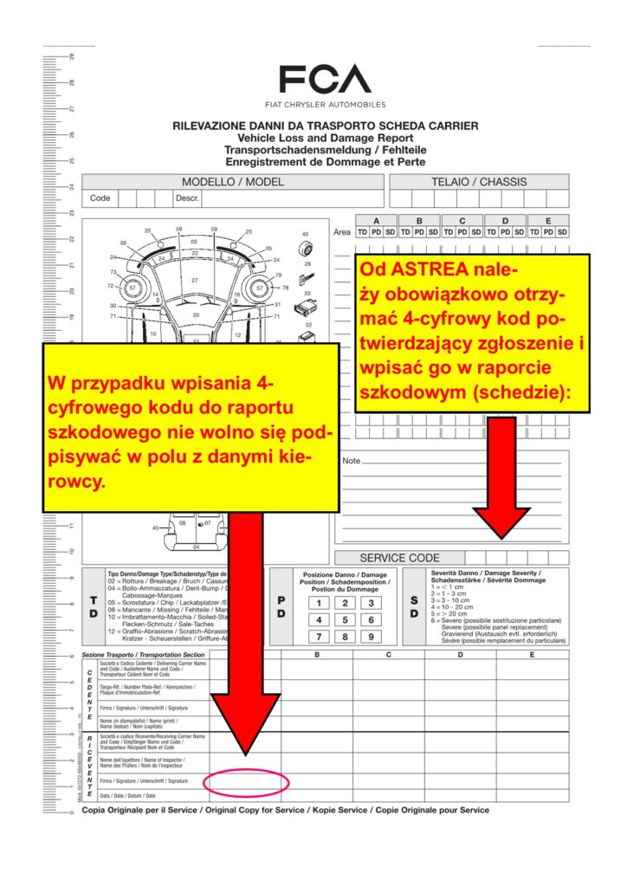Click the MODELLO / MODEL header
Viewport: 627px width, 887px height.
232,182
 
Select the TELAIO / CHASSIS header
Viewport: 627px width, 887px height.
479,182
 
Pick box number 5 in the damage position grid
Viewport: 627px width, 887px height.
345,620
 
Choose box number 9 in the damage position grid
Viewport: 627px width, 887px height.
371,638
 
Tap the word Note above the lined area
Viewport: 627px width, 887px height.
351,461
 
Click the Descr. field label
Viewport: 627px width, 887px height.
188,198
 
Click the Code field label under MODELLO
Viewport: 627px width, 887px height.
100,198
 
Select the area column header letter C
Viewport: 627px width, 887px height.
462,220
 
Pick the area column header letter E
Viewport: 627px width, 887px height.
548,220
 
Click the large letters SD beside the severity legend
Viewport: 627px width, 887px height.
414,606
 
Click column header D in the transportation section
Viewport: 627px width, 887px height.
460,655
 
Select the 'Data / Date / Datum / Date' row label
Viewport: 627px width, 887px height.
127,795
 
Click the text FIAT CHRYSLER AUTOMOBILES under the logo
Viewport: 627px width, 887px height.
325,105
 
